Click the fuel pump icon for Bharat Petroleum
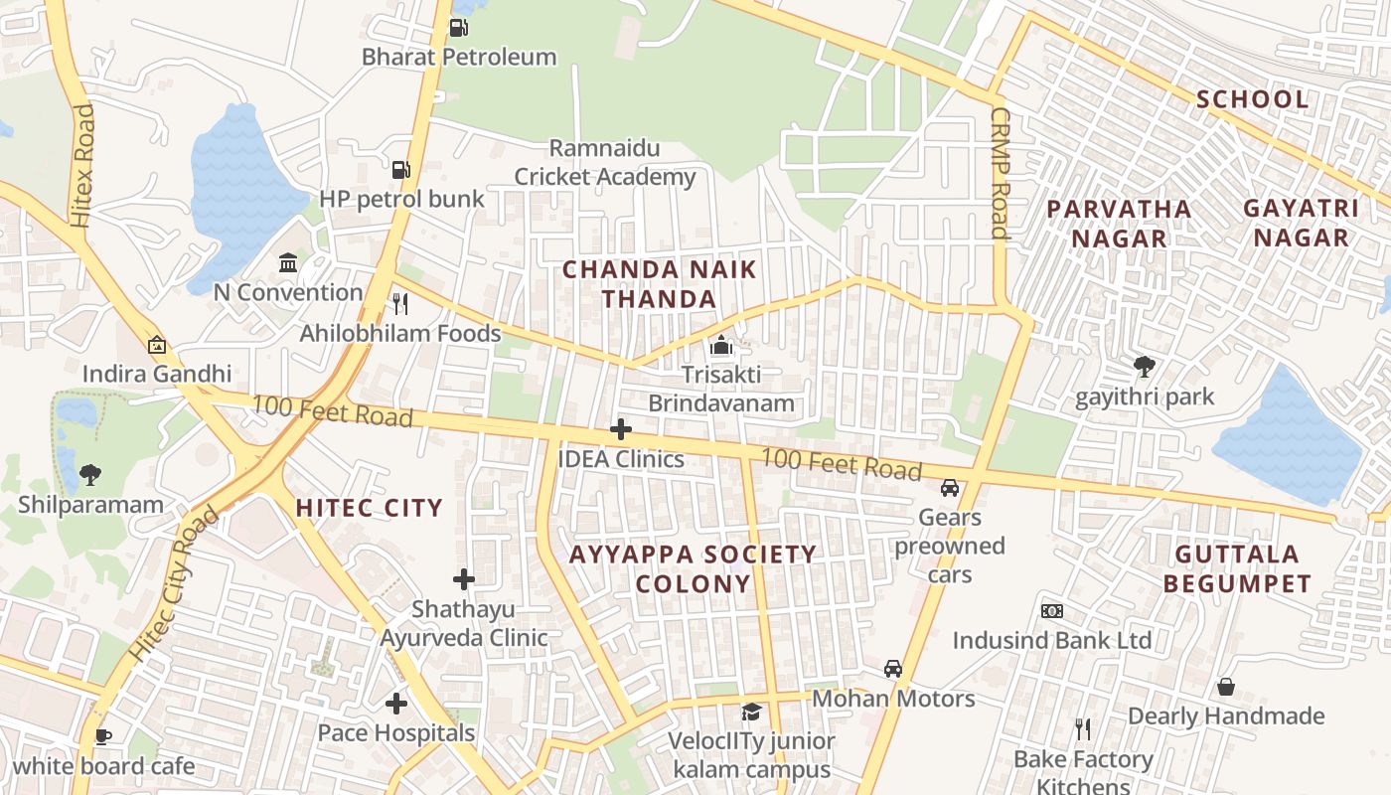[x=458, y=28]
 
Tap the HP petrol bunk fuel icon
[x=400, y=170]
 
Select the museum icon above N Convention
[x=288, y=263]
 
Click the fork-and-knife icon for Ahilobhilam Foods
[x=400, y=303]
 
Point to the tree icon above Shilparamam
[x=90, y=474]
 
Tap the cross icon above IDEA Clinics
[x=621, y=429]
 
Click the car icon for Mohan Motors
[x=893, y=669]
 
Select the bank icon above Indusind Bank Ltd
[x=1052, y=610]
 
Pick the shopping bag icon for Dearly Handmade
[x=1226, y=687]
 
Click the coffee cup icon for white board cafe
[x=102, y=736]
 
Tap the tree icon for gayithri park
[x=1145, y=367]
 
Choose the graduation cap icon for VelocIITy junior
[x=751, y=712]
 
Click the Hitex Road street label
[x=83, y=165]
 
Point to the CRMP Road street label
[x=1000, y=174]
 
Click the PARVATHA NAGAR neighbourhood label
[x=1119, y=224]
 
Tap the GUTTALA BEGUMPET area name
[x=1237, y=568]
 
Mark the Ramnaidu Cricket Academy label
[x=604, y=163]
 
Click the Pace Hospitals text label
[x=395, y=733]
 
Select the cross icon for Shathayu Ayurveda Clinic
[x=463, y=579]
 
